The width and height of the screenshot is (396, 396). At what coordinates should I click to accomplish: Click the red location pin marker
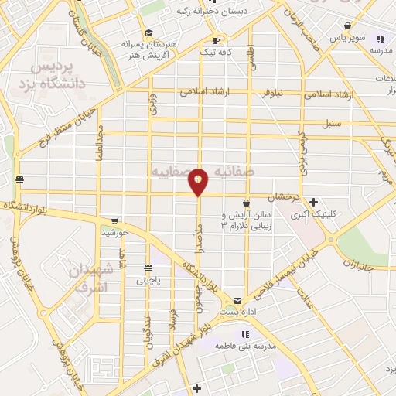pos(199,181)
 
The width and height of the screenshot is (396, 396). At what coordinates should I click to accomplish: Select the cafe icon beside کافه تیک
pos(216,40)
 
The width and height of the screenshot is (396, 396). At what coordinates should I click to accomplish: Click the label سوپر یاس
pos(343,37)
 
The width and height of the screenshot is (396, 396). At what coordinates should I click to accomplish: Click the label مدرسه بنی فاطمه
pos(246,346)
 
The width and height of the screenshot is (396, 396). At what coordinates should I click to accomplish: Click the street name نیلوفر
pos(270,90)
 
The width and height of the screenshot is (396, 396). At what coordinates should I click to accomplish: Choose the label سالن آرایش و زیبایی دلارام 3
pos(246,220)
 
